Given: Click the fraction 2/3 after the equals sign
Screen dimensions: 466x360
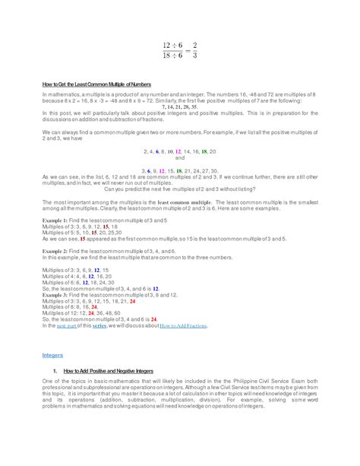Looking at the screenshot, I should click(x=196, y=49).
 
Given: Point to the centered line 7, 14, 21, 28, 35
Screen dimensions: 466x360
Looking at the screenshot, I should click(x=179, y=107).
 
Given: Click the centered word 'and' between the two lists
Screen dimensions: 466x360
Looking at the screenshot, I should click(x=179, y=158).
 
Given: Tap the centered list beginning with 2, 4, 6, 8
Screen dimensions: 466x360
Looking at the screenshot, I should click(x=179, y=151).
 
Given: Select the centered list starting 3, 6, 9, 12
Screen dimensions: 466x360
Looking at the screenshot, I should click(x=179, y=171).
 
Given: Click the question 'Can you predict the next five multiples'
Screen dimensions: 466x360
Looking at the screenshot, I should click(x=179, y=189).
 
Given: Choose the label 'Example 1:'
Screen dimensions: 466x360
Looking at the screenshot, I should click(x=55, y=219).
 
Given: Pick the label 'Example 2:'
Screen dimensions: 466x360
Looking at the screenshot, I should click(x=55, y=250).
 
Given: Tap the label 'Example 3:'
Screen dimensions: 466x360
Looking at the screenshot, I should click(x=55, y=294).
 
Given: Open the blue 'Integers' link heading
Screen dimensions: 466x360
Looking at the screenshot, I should click(x=52, y=355).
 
